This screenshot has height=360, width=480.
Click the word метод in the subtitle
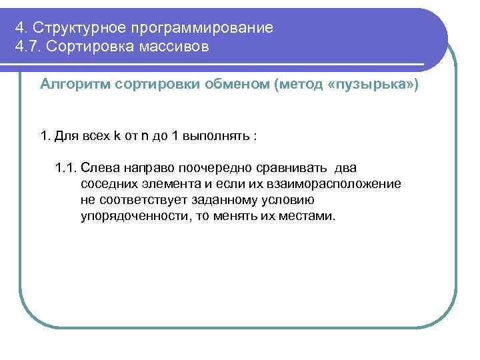[299, 85]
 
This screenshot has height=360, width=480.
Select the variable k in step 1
[117, 136]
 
